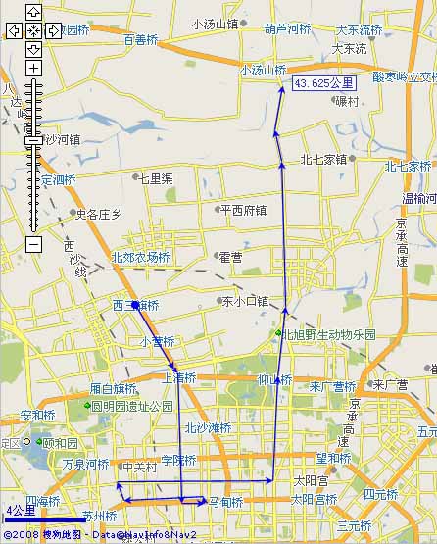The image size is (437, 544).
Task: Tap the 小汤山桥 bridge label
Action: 263,71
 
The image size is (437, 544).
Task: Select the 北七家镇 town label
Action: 324,159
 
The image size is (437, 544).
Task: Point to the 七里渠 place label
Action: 155,178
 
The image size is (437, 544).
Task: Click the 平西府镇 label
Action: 243,209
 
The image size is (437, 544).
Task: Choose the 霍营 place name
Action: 230,257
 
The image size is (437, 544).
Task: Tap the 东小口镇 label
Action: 245,301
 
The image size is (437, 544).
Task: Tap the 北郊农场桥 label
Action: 140,258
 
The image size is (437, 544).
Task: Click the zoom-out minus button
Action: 33,244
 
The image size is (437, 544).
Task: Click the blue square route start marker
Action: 135,306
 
